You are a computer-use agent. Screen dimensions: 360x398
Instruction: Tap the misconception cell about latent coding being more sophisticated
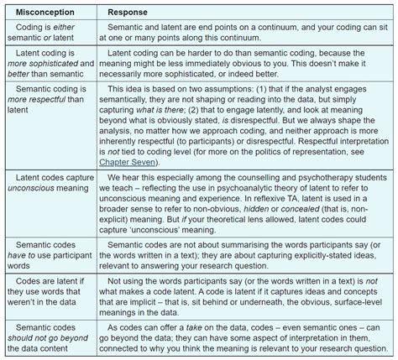[45, 65]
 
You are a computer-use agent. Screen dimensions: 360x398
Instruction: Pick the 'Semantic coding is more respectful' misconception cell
[45, 97]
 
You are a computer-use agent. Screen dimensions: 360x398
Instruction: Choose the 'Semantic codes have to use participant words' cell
[45, 231]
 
